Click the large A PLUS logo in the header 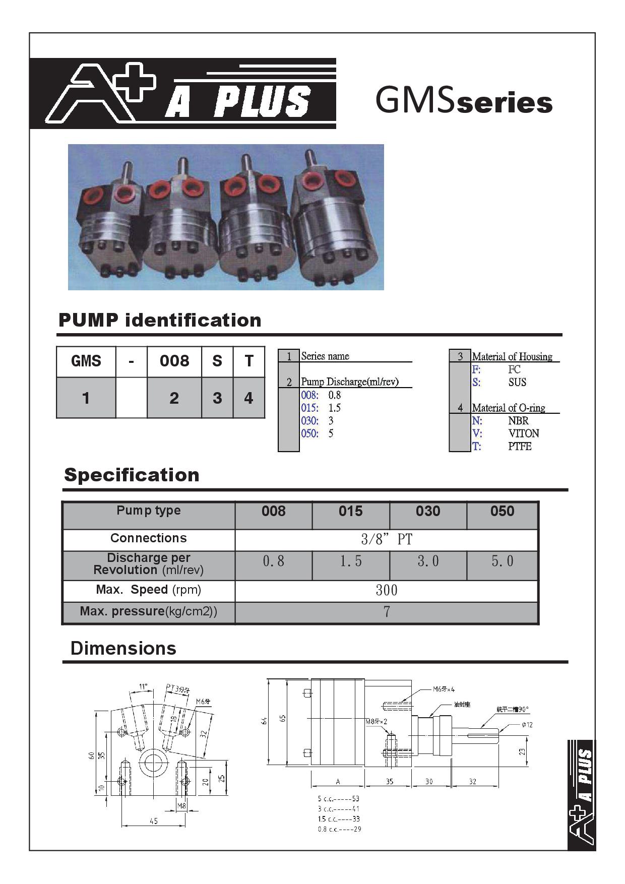[182, 94]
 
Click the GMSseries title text [464, 101]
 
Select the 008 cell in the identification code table [174, 361]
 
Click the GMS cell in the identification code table [86, 361]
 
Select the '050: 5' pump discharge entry [317, 433]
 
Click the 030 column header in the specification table [427, 512]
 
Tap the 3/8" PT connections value [386, 540]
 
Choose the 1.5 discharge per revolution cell [350, 561]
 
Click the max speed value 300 [386, 590]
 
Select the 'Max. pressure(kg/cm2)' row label [148, 612]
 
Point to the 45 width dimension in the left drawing [154, 821]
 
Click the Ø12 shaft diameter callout [527, 725]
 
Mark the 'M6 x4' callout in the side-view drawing [444, 689]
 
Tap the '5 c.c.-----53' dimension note [338, 799]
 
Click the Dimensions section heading [123, 648]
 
